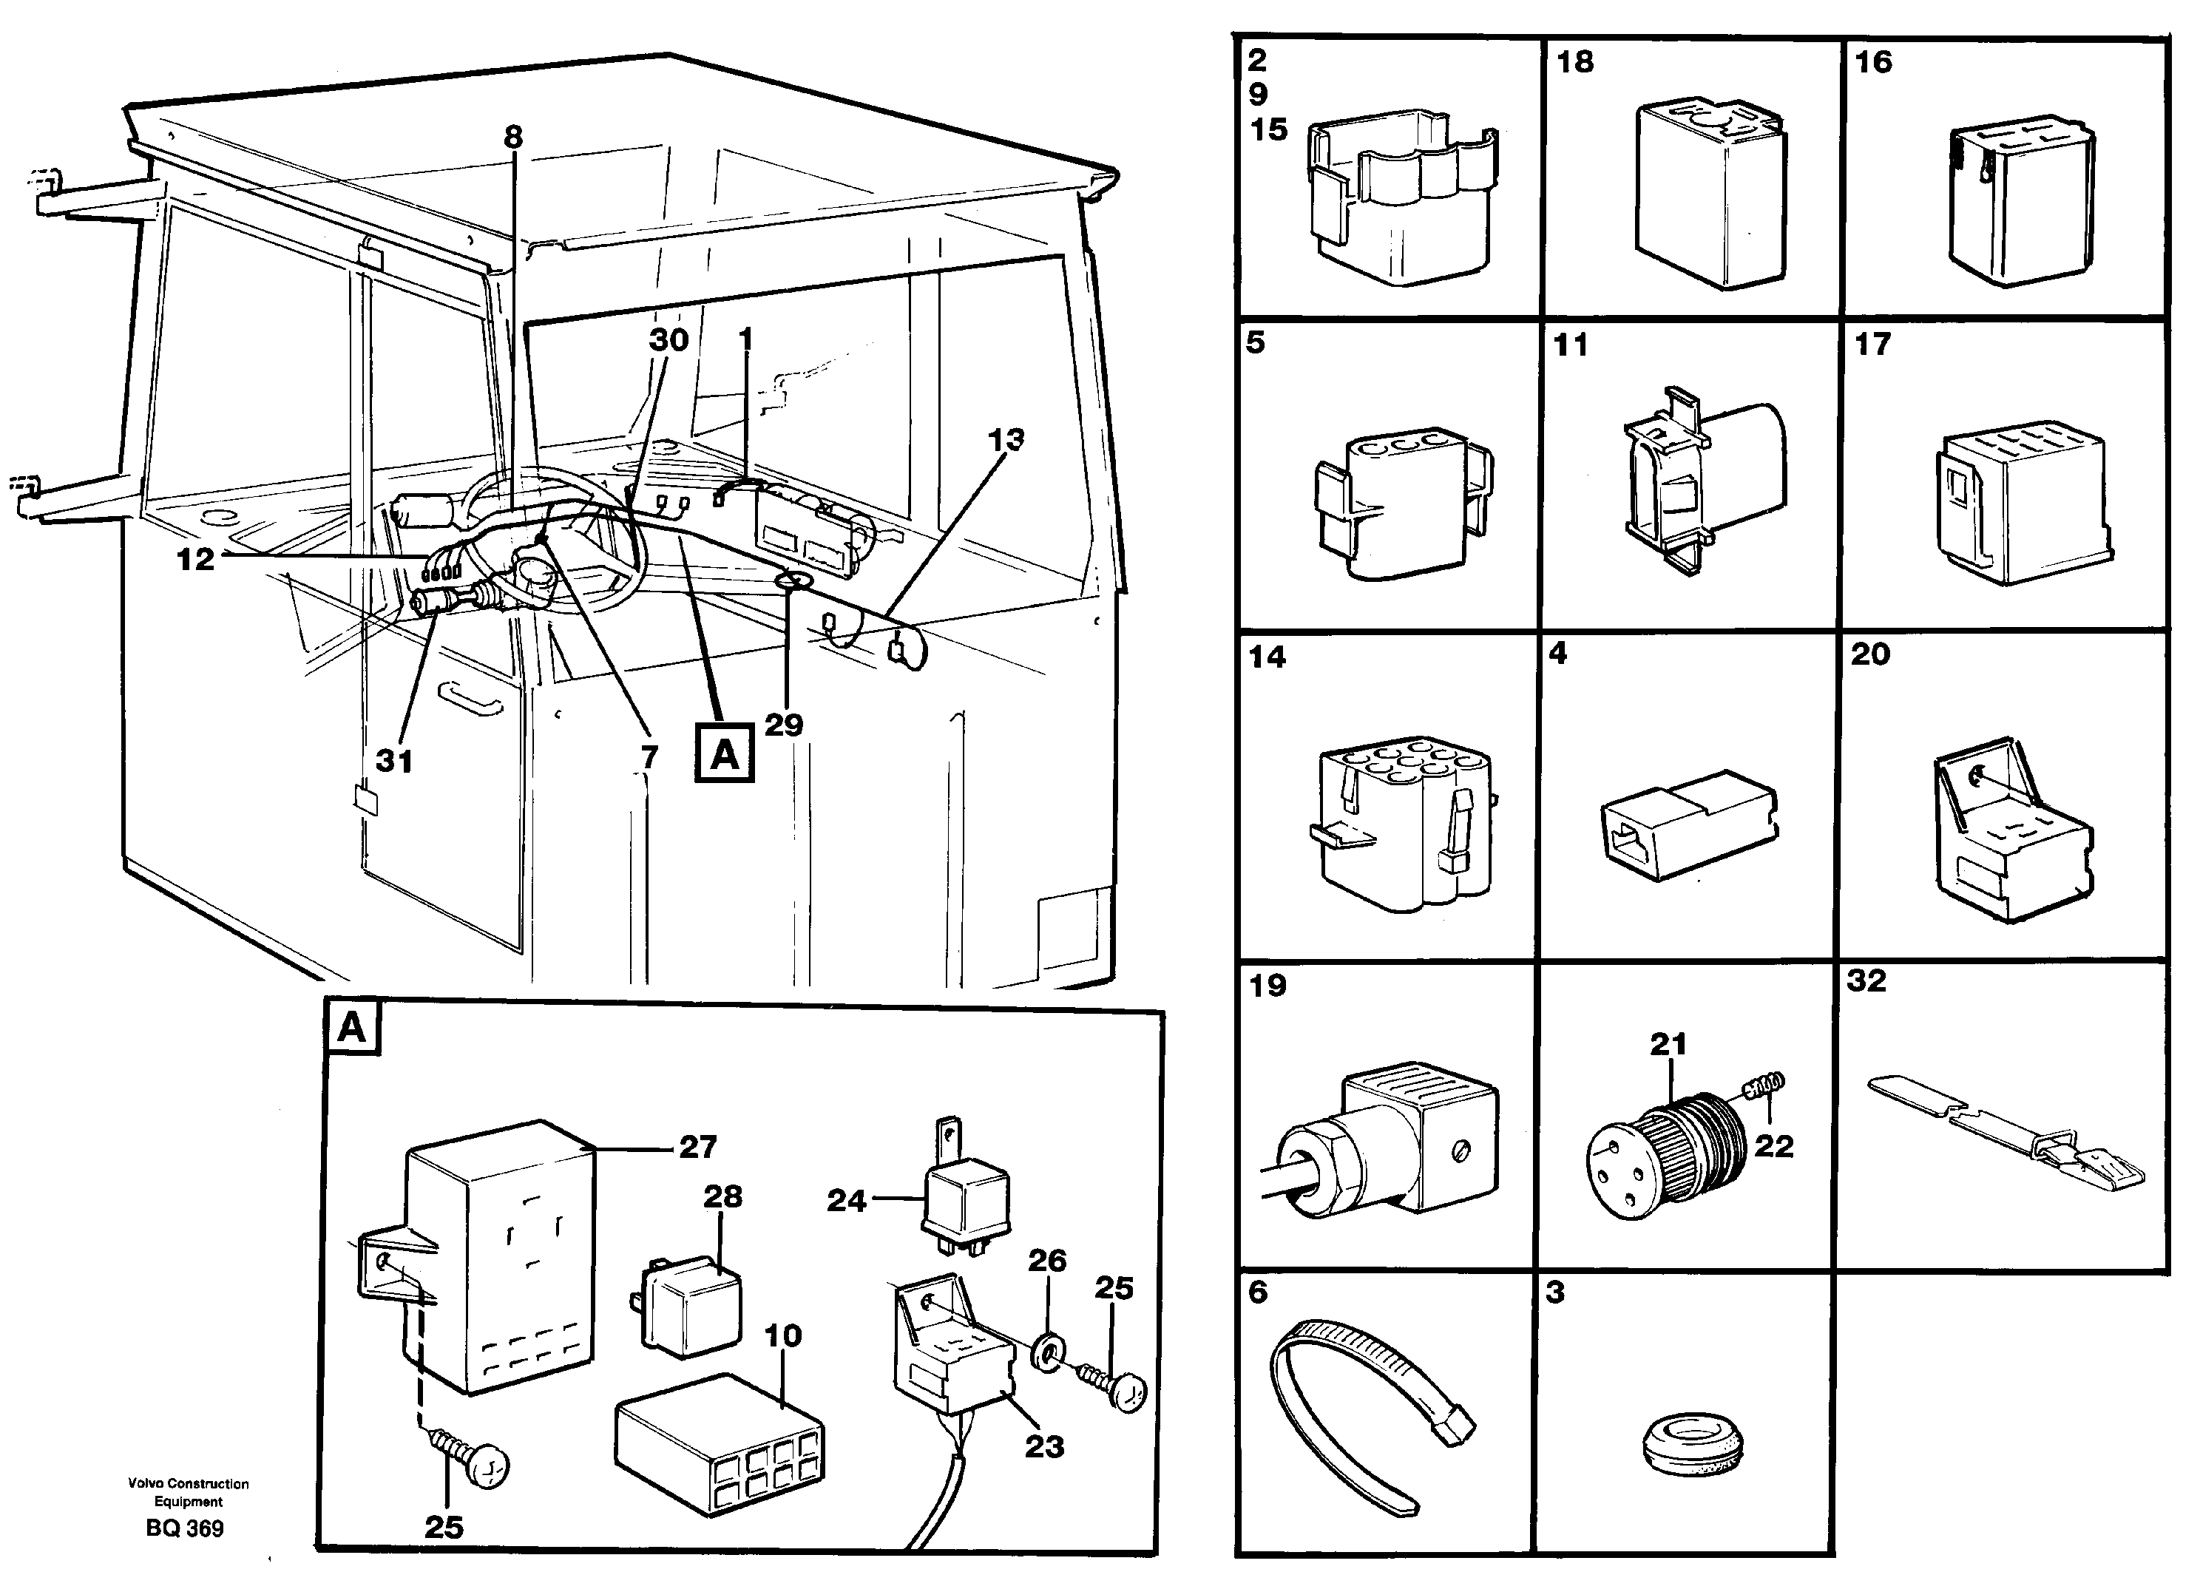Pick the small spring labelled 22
pyautogui.click(x=1767, y=1085)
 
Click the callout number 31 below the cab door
pyautogui.click(x=394, y=761)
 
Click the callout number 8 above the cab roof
pyautogui.click(x=513, y=137)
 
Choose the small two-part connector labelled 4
pyautogui.click(x=1688, y=824)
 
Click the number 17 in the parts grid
pyautogui.click(x=1872, y=345)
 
